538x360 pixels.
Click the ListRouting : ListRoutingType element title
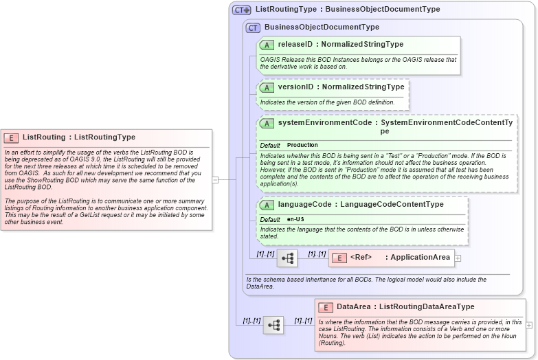point(78,137)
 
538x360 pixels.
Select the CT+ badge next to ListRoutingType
point(242,10)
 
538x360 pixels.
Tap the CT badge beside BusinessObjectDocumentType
point(253,27)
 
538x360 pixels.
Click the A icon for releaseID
point(267,45)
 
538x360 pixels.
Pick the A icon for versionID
point(267,88)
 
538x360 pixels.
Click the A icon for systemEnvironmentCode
point(267,123)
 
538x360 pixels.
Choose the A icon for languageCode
point(267,205)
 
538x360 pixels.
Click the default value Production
point(302,146)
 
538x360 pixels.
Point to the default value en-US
point(296,219)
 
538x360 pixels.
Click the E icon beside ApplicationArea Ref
point(339,258)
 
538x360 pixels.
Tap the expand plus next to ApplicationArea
point(458,258)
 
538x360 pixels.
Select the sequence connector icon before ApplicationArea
point(287,258)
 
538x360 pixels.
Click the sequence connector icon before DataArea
point(273,325)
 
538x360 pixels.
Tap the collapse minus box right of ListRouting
point(215,180)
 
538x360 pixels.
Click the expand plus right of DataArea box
point(529,325)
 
